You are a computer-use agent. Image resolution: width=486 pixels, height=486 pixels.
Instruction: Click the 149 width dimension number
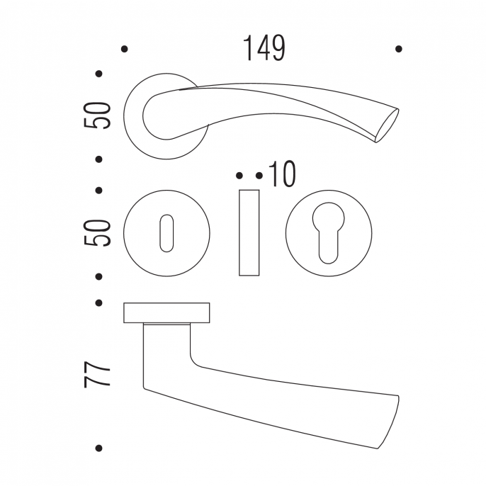[x=264, y=48]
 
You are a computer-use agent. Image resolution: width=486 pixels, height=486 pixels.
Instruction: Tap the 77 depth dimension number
[x=97, y=374]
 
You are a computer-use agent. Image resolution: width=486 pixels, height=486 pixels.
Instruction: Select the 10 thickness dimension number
[x=283, y=174]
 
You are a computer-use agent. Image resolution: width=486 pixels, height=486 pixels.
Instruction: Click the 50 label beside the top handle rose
[x=97, y=115]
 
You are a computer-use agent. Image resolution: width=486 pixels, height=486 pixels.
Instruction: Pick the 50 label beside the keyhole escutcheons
[x=97, y=233]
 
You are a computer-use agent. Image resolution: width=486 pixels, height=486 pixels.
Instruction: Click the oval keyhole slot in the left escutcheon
[x=166, y=233]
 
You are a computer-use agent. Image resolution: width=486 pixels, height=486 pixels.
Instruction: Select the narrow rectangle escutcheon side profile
[x=249, y=233]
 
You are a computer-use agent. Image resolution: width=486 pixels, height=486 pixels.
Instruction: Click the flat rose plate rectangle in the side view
[x=166, y=312]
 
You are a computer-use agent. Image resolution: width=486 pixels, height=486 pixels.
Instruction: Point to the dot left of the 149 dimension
[x=124, y=49]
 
